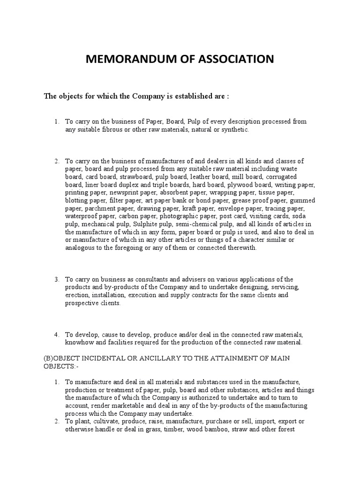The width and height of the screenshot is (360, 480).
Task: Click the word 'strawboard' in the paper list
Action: [x=134, y=177]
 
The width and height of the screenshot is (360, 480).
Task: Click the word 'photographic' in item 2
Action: [x=179, y=217]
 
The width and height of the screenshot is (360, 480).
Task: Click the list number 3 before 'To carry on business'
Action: [x=56, y=279]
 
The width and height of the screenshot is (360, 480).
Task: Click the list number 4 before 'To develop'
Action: [x=56, y=335]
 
